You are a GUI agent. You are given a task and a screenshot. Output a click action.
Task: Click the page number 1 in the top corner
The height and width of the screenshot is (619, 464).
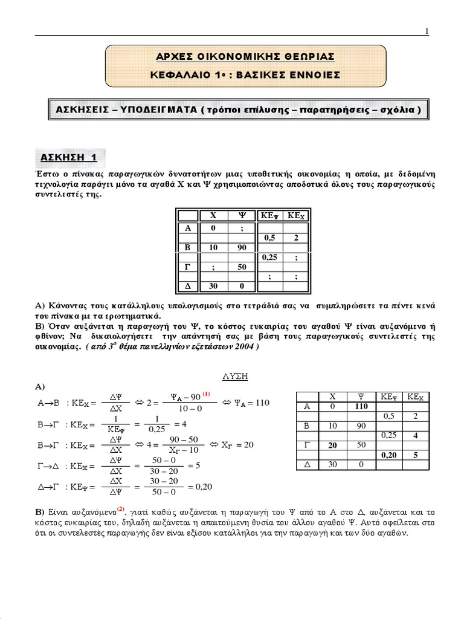click(x=427, y=32)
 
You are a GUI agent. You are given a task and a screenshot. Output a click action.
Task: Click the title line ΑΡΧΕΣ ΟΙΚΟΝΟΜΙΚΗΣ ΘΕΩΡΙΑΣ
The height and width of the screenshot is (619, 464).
click(x=233, y=56)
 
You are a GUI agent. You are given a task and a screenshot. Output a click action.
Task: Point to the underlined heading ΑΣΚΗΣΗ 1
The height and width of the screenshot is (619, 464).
click(x=68, y=158)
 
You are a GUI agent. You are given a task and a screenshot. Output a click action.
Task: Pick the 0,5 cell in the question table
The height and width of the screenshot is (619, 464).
click(x=270, y=238)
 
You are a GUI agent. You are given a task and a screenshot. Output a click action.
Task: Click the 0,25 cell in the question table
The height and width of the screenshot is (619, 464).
click(x=270, y=257)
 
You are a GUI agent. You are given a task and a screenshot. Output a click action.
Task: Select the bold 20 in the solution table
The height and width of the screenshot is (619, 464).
click(x=332, y=445)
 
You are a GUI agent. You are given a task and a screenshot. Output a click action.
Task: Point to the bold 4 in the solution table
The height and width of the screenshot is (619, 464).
click(x=416, y=435)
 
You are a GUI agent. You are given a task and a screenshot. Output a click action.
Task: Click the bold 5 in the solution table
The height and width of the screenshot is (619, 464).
click(x=416, y=455)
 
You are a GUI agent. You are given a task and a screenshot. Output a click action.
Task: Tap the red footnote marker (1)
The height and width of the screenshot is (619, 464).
click(x=206, y=394)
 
